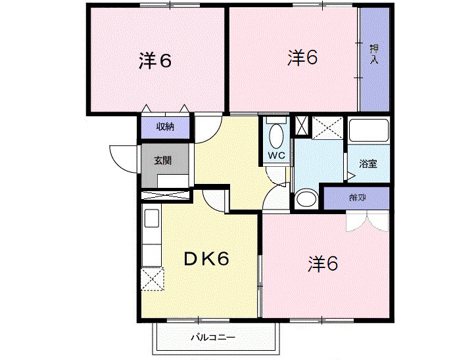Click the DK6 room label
[x=206, y=259]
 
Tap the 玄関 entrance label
[x=164, y=160]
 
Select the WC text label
[x=275, y=156]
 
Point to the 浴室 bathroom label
[x=368, y=164]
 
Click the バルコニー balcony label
[x=212, y=338]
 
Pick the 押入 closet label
[x=373, y=54]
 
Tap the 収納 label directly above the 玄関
[x=164, y=126]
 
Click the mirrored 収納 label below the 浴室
[x=358, y=198]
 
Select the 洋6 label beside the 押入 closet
[x=302, y=58]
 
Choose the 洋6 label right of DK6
[x=323, y=264]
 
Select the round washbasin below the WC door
[x=305, y=199]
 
